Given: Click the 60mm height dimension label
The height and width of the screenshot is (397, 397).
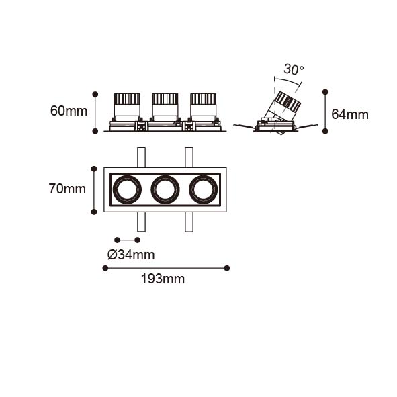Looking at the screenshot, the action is pos(69,111).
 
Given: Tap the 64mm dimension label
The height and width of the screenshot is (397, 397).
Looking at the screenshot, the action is pos(350,114).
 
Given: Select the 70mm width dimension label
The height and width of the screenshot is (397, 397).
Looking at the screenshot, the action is pos(67,189).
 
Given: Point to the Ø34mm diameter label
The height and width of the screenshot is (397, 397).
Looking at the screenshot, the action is pos(131,255).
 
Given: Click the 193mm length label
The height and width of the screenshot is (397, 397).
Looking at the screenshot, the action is pos(163,279).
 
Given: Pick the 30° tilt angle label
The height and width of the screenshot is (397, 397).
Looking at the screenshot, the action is pos(294,69).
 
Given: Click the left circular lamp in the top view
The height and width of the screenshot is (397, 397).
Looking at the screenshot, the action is pos(127,189).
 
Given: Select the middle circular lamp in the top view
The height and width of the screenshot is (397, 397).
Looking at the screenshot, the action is pos(165,189).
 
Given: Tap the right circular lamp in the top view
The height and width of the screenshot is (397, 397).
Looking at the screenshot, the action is pos(203,189).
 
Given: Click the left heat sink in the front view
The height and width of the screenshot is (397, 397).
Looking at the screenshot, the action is pos(127,99).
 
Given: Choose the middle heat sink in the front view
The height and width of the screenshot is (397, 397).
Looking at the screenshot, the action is pos(165,99).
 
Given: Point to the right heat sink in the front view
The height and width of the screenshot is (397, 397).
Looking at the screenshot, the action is pos(203,99).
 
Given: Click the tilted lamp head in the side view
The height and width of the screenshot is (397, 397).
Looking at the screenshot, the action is pos(283,106).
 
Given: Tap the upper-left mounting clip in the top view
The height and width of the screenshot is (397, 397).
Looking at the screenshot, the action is pos(141,157).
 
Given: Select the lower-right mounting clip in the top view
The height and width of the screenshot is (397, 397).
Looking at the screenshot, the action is pos(189,222).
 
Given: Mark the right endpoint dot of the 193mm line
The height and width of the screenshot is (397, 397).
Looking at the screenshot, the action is pos(227,268).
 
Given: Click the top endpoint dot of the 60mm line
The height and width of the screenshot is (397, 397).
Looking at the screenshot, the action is pos(95,95).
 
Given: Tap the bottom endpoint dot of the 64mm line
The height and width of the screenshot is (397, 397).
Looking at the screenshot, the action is pos(325,131).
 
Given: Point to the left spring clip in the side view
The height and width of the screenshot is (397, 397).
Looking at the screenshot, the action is pos(245,126).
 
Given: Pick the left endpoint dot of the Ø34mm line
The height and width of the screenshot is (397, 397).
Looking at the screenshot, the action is pos(118,240).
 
